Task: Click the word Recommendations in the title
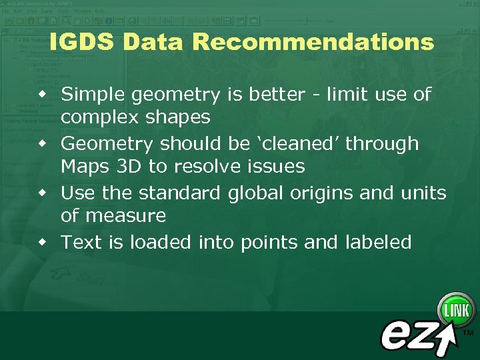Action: point(313,42)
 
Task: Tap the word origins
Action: point(321,193)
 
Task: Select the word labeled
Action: point(378,242)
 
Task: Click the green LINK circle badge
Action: point(456,310)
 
